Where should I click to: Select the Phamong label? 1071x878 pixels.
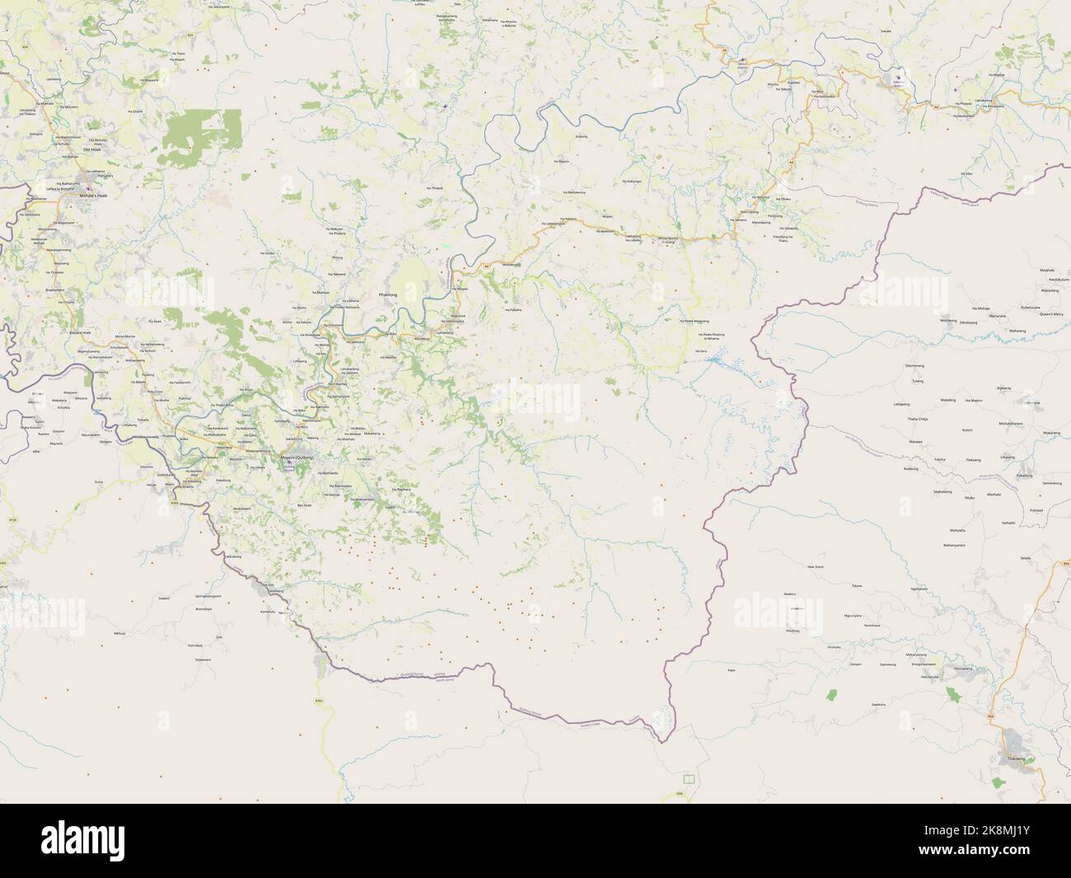point(386,294)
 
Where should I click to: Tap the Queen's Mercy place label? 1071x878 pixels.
point(1052,314)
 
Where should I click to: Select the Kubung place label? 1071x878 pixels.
point(582,134)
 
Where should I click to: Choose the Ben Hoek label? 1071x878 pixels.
point(305,505)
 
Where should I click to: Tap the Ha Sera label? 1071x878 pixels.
point(701,351)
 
